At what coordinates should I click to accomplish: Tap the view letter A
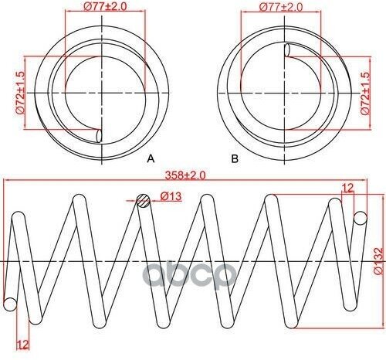[x=151, y=158]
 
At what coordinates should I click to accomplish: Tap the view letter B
[x=234, y=158]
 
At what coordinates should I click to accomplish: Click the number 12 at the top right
[x=347, y=188]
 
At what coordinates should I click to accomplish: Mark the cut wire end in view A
[x=97, y=134]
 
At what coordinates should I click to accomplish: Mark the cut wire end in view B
[x=287, y=50]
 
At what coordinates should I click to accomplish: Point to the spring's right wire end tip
[x=359, y=219]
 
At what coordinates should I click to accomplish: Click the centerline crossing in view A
[x=102, y=92]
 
